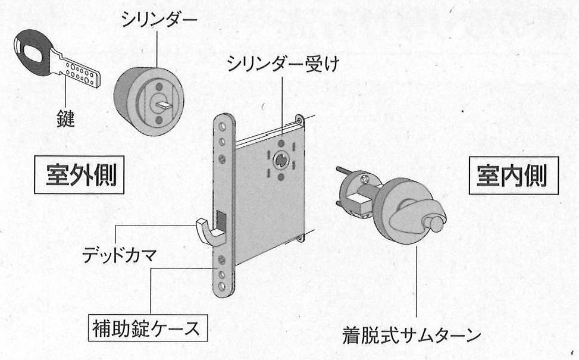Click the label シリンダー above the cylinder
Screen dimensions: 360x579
[159, 20]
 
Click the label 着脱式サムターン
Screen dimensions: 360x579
[411, 336]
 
